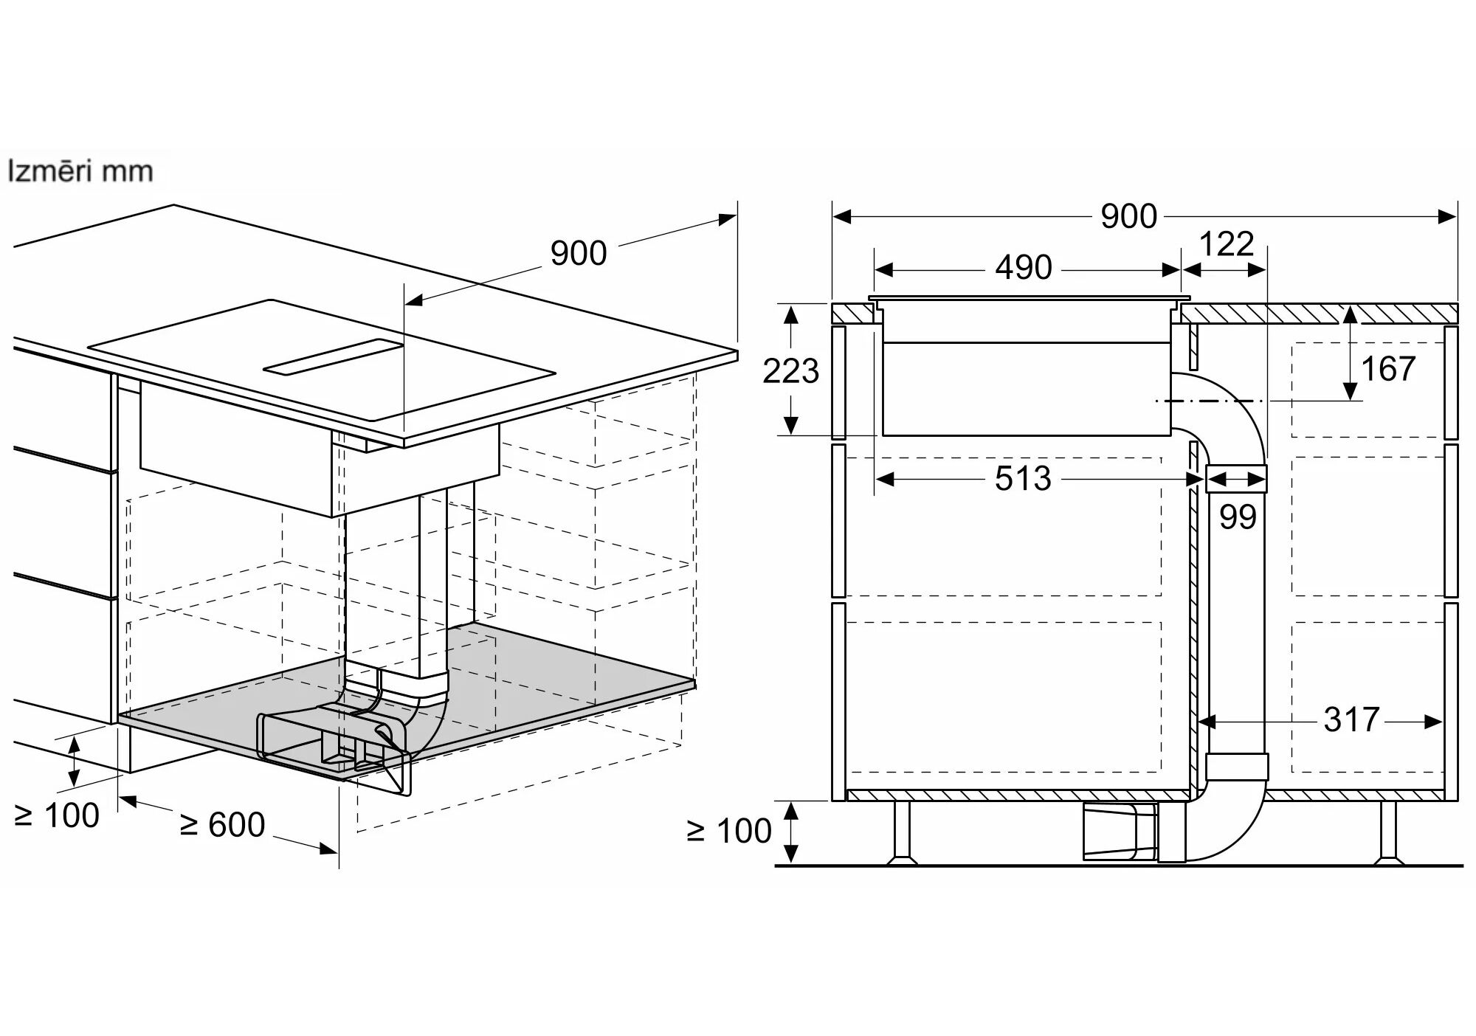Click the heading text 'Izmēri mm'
pos(80,171)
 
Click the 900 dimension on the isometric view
pos(578,253)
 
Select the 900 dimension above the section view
pos(1128,216)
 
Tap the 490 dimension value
pos(1023,267)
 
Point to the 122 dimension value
pos(1227,244)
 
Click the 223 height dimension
pos(790,371)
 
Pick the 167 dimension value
pos(1387,368)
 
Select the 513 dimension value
pos(1023,479)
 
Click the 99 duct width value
pos(1238,517)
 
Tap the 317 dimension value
pos(1351,719)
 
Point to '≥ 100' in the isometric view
pos(57,815)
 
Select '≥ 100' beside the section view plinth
pos(729,831)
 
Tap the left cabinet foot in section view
pos(902,834)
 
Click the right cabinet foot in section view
pos(1388,834)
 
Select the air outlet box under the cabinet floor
pos(1119,832)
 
